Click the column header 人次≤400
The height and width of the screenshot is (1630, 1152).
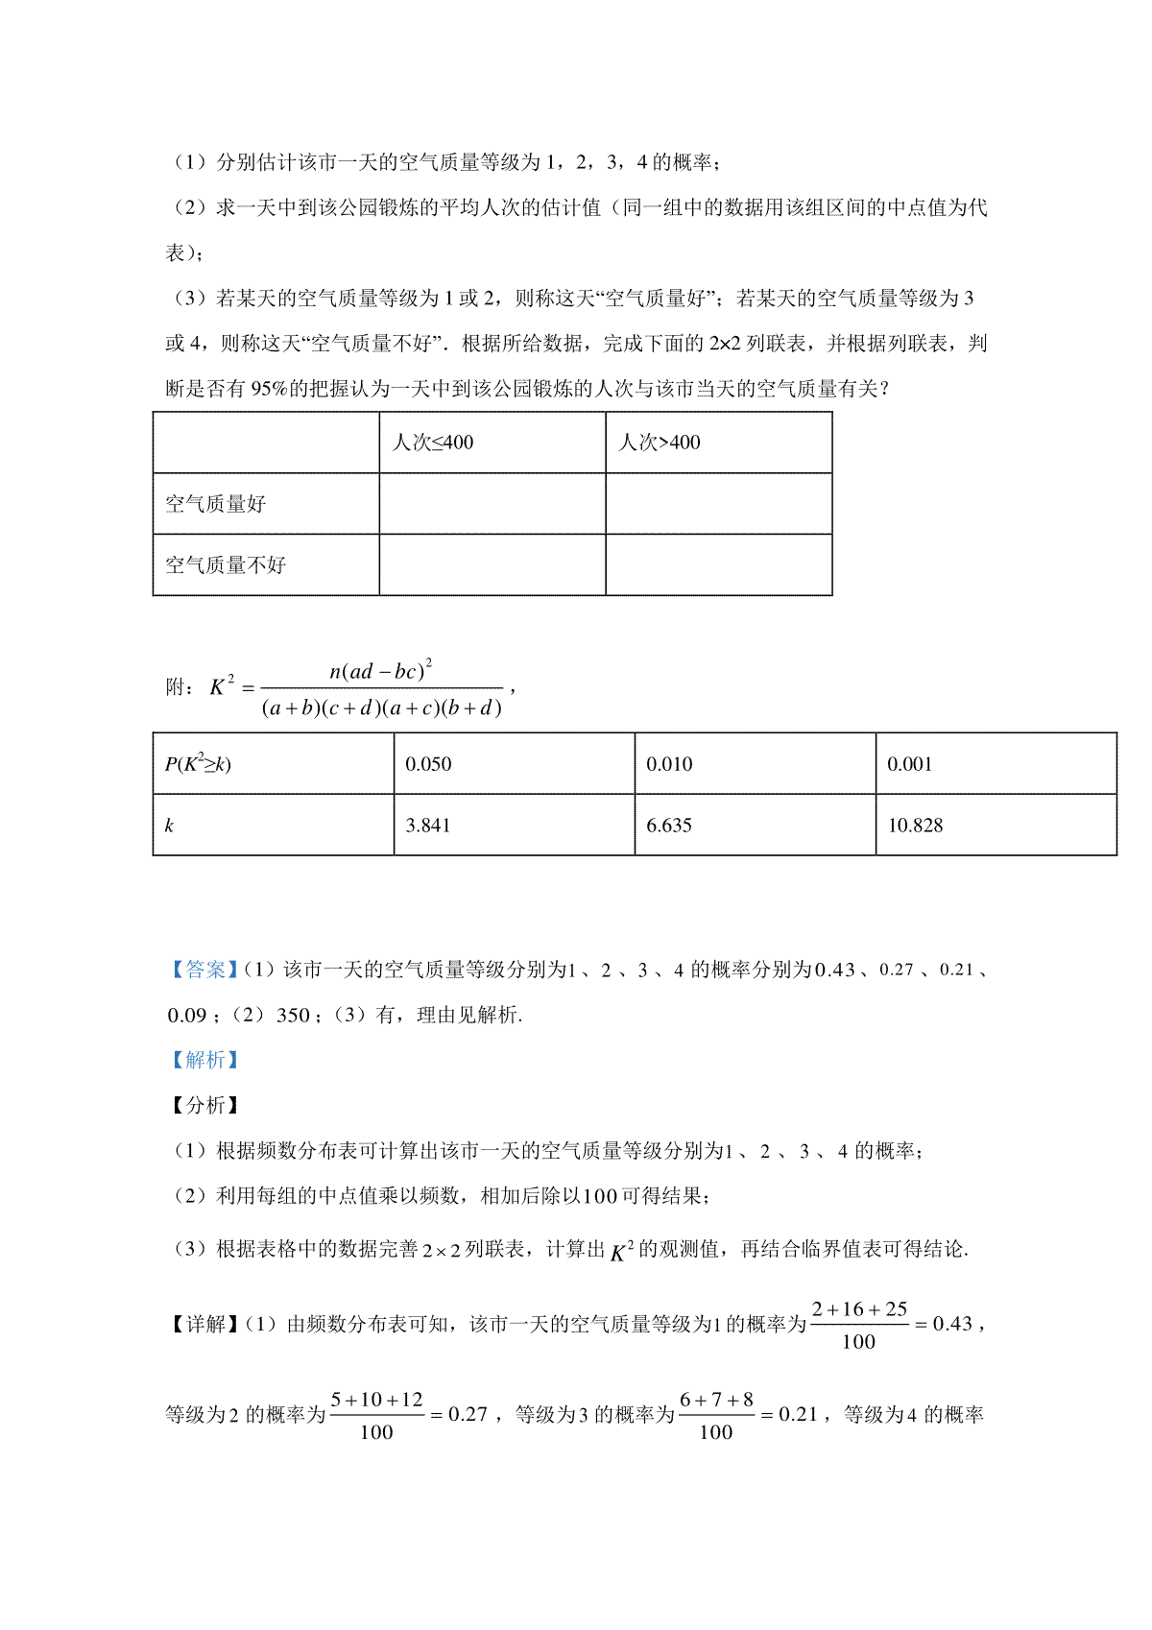tap(433, 443)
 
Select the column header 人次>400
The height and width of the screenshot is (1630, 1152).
tap(660, 443)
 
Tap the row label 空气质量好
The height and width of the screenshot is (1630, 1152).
tap(216, 504)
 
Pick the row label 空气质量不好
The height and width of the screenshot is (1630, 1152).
tap(226, 565)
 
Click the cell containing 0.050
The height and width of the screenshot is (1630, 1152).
tap(428, 764)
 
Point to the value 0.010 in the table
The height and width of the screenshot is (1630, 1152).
tap(669, 764)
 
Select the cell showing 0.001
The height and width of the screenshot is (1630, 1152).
tap(909, 764)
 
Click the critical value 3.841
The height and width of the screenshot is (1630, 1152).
tap(428, 826)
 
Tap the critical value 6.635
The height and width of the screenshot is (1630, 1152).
tap(669, 826)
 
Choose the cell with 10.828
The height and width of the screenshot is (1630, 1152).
tap(915, 826)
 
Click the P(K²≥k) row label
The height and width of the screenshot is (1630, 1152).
tap(198, 764)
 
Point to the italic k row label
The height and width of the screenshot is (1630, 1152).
tap(170, 826)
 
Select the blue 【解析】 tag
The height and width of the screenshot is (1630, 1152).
tap(203, 1060)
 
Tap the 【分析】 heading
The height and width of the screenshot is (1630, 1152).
tap(203, 1105)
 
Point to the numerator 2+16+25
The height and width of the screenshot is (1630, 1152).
tap(859, 1309)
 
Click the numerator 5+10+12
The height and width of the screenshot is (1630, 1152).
tap(376, 1400)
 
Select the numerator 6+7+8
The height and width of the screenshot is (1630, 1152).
tap(716, 1400)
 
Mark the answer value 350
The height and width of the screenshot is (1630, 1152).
tap(293, 1015)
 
